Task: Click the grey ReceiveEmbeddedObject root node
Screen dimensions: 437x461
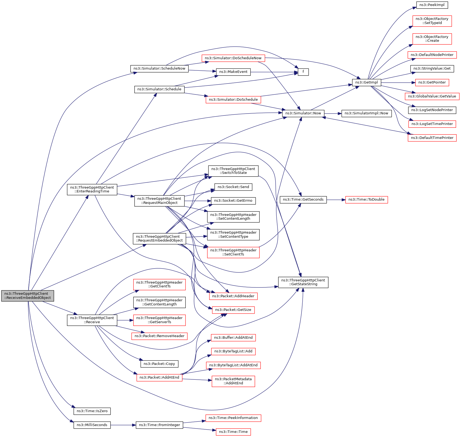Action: click(x=28, y=296)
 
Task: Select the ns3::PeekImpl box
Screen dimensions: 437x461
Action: click(x=432, y=5)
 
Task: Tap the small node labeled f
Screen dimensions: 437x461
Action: click(x=303, y=72)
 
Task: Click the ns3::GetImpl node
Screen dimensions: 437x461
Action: click(x=367, y=82)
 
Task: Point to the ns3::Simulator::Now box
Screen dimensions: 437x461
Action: click(x=303, y=113)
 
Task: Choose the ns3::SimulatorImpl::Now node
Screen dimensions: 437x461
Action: click(x=366, y=113)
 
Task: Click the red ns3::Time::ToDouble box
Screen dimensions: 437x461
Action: click(x=367, y=200)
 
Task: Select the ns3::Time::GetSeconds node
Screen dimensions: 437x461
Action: click(x=303, y=200)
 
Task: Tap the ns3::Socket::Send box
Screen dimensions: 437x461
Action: click(x=233, y=187)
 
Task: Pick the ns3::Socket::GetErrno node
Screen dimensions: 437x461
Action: click(x=233, y=201)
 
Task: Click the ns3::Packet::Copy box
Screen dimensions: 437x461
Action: click(x=159, y=364)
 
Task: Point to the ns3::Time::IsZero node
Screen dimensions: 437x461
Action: click(x=92, y=411)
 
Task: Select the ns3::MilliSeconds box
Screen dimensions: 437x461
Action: click(x=92, y=425)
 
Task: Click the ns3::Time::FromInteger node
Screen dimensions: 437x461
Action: click(x=159, y=425)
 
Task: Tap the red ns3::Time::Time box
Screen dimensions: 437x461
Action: click(x=233, y=432)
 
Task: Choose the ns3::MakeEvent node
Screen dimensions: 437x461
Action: click(x=233, y=72)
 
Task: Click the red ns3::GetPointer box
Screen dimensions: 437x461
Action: click(x=432, y=82)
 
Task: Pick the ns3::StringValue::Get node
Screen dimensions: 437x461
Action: click(x=432, y=69)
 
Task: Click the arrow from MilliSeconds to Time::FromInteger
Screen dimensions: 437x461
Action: click(x=123, y=425)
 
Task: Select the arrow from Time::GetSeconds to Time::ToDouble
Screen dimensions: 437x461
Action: click(x=336, y=200)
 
